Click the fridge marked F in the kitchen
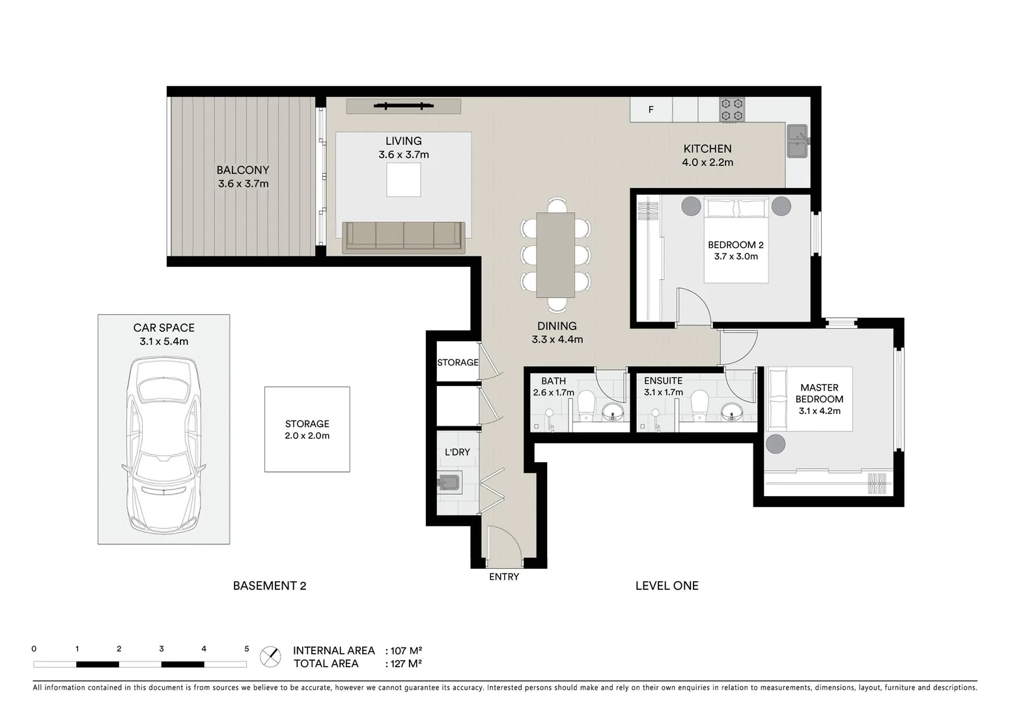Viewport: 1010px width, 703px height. (x=651, y=110)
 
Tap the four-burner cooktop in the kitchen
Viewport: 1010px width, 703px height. (x=732, y=110)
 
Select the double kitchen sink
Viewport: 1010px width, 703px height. (x=797, y=141)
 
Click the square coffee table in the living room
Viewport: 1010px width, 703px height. (x=404, y=180)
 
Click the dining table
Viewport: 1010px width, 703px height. (x=555, y=255)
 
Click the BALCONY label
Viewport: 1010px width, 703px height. (x=243, y=170)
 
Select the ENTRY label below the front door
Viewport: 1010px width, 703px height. (x=504, y=577)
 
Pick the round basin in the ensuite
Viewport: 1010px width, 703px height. (x=733, y=411)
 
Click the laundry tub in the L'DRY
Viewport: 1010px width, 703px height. (x=449, y=483)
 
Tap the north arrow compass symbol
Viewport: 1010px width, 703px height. (x=270, y=657)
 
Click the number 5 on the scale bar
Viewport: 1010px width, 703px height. (x=246, y=649)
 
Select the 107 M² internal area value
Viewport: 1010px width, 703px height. (x=406, y=650)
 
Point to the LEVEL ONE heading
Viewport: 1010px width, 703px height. (x=667, y=586)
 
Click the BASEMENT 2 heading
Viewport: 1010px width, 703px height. (x=270, y=586)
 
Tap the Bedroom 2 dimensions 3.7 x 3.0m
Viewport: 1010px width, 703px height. (x=735, y=256)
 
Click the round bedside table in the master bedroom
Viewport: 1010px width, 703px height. (x=776, y=444)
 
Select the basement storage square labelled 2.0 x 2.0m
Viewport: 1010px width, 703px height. (x=307, y=430)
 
